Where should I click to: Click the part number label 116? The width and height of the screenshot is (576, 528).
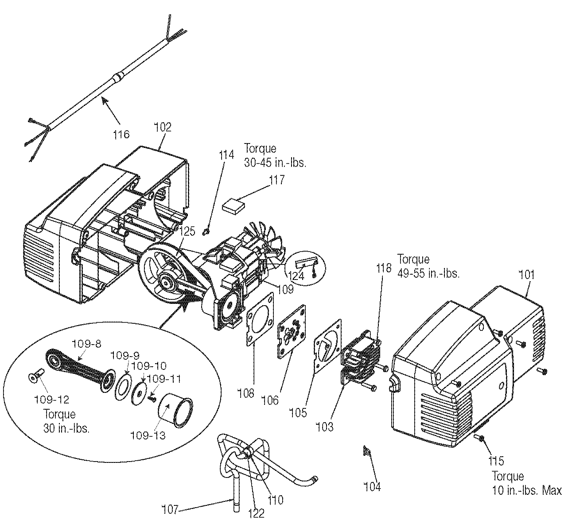click(x=121, y=134)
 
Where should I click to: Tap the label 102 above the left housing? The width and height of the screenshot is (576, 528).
click(x=163, y=127)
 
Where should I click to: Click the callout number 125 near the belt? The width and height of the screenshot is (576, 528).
click(x=187, y=231)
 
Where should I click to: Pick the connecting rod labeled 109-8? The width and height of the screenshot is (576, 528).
click(x=80, y=369)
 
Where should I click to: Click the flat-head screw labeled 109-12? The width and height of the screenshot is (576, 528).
click(x=36, y=377)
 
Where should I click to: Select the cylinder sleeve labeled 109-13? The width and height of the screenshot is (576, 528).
click(x=175, y=411)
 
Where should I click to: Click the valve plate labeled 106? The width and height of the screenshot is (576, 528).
click(x=292, y=331)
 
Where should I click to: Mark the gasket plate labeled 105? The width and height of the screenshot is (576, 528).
click(x=327, y=347)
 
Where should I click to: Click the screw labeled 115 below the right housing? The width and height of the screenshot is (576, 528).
click(x=479, y=438)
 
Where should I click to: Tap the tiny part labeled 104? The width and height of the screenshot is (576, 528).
click(x=367, y=451)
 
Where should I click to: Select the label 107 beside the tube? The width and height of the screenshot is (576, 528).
click(x=171, y=510)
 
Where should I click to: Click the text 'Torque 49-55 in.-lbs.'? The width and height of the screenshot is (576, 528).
click(x=428, y=266)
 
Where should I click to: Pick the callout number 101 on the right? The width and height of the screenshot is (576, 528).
click(x=527, y=275)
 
